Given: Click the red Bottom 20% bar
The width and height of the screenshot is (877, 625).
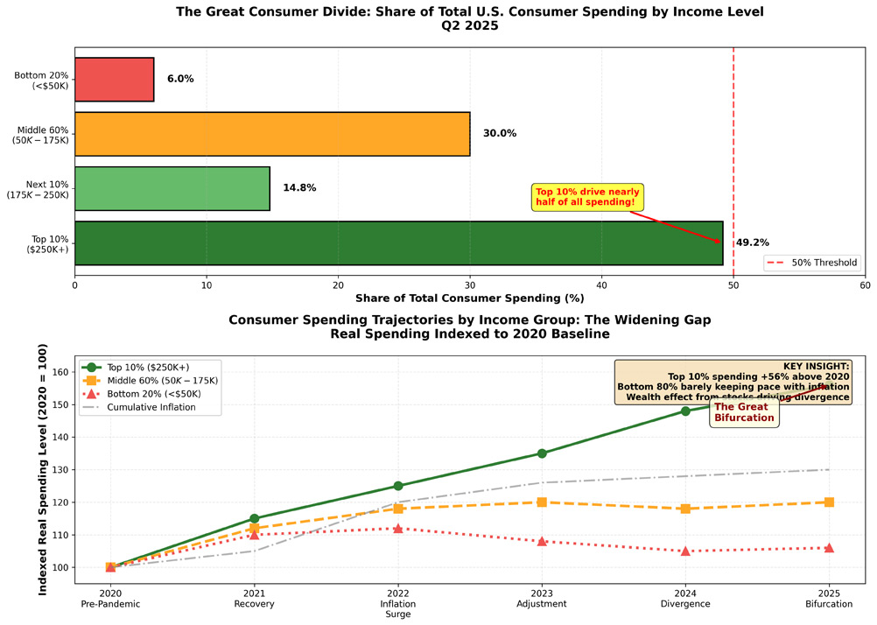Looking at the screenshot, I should (x=114, y=79).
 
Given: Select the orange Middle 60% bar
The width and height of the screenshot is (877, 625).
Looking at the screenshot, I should (x=272, y=133).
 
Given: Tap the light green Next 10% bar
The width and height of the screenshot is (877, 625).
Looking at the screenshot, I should (x=172, y=188).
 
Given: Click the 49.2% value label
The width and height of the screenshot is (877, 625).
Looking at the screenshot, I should (x=752, y=242).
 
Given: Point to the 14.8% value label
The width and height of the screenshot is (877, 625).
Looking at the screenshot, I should (x=298, y=188).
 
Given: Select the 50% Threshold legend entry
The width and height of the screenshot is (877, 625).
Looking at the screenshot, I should (x=811, y=262).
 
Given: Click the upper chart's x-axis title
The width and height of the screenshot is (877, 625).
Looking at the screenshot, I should (x=470, y=298).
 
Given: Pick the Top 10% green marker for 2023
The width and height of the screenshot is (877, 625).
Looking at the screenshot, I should (x=542, y=453).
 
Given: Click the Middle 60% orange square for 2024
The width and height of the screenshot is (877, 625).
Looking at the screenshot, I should (x=685, y=509).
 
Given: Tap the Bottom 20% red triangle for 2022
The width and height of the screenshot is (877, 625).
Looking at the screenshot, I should (x=398, y=529).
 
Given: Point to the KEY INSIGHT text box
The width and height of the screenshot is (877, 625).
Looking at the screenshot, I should (x=733, y=381).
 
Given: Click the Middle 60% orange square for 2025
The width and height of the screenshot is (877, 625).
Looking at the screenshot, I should (x=829, y=502).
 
